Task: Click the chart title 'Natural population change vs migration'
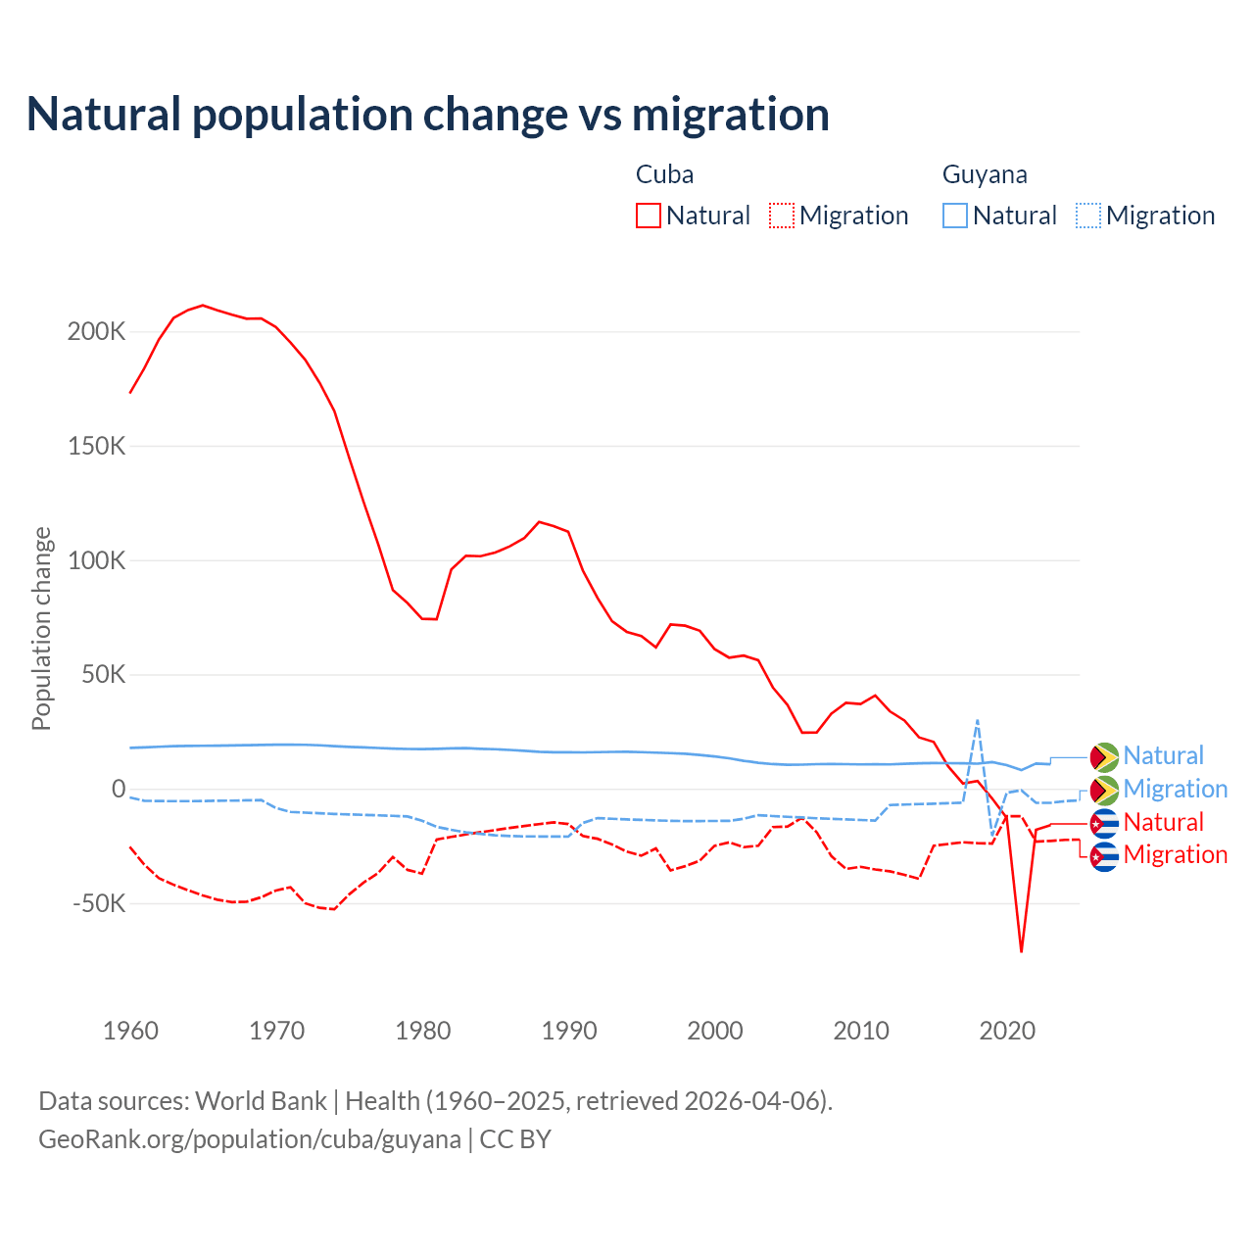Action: [427, 115]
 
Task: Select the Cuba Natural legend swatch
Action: [648, 216]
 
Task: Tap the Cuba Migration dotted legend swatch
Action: [782, 216]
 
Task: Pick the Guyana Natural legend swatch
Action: [955, 216]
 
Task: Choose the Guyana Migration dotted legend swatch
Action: [1088, 216]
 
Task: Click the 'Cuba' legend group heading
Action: [664, 174]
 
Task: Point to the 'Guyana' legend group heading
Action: [985, 174]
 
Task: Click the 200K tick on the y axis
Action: [97, 331]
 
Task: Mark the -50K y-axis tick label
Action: [99, 902]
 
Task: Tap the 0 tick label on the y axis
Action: [119, 789]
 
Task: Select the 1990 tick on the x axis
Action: [569, 1031]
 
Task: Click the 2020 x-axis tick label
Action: [1007, 1031]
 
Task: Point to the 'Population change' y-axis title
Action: [41, 628]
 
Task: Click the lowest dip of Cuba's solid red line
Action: [1021, 951]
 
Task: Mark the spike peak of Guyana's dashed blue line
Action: [977, 720]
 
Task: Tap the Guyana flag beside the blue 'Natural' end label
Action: [1104, 757]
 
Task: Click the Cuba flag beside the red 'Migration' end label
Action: [1104, 856]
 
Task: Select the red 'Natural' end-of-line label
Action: [1163, 822]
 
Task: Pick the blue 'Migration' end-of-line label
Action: [1175, 789]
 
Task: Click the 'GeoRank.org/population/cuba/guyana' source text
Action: [249, 1139]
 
